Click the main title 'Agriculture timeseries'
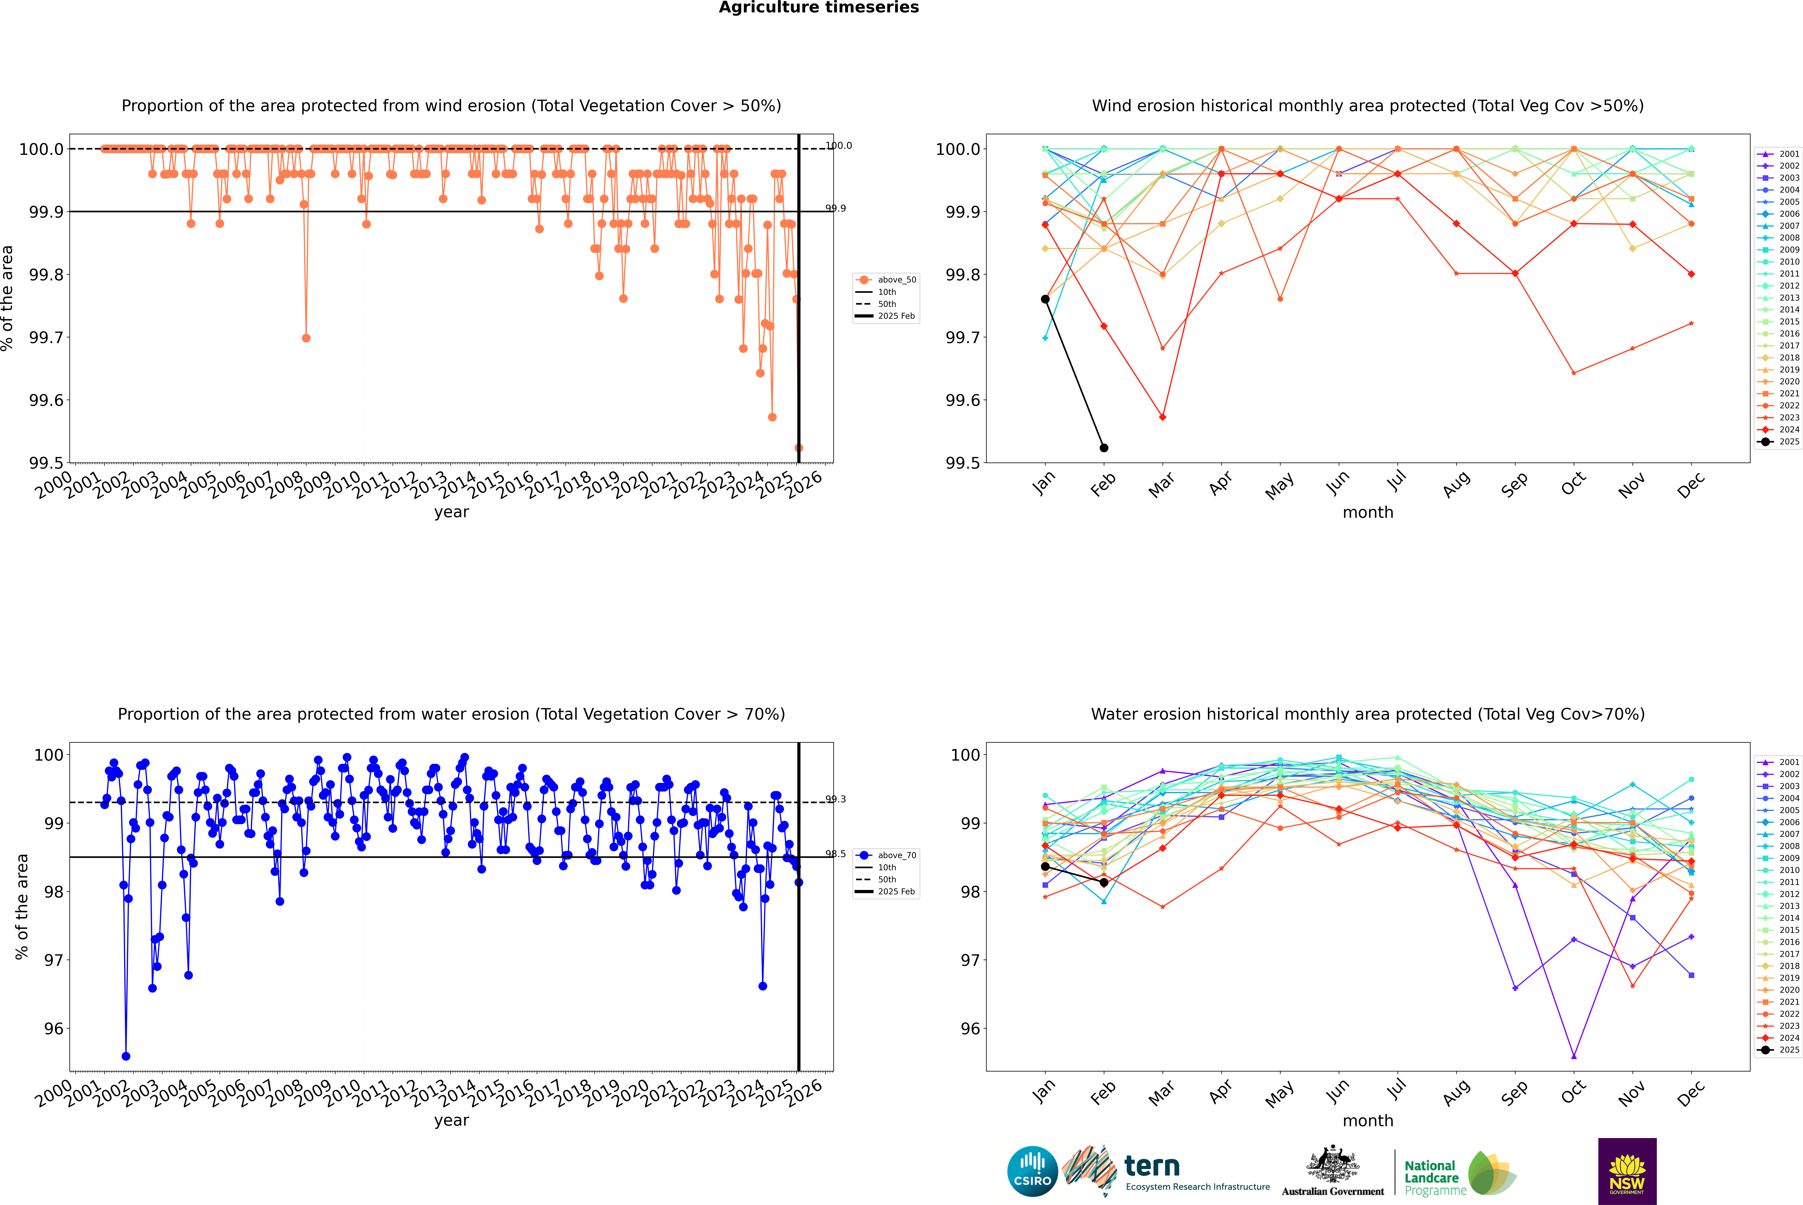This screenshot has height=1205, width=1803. point(818,8)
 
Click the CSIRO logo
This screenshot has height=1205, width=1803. point(1032,1171)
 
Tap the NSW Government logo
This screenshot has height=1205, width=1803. point(1627,1171)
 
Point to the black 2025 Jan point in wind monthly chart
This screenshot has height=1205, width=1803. point(1045,299)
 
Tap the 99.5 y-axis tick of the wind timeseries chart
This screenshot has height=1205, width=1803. point(46,463)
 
